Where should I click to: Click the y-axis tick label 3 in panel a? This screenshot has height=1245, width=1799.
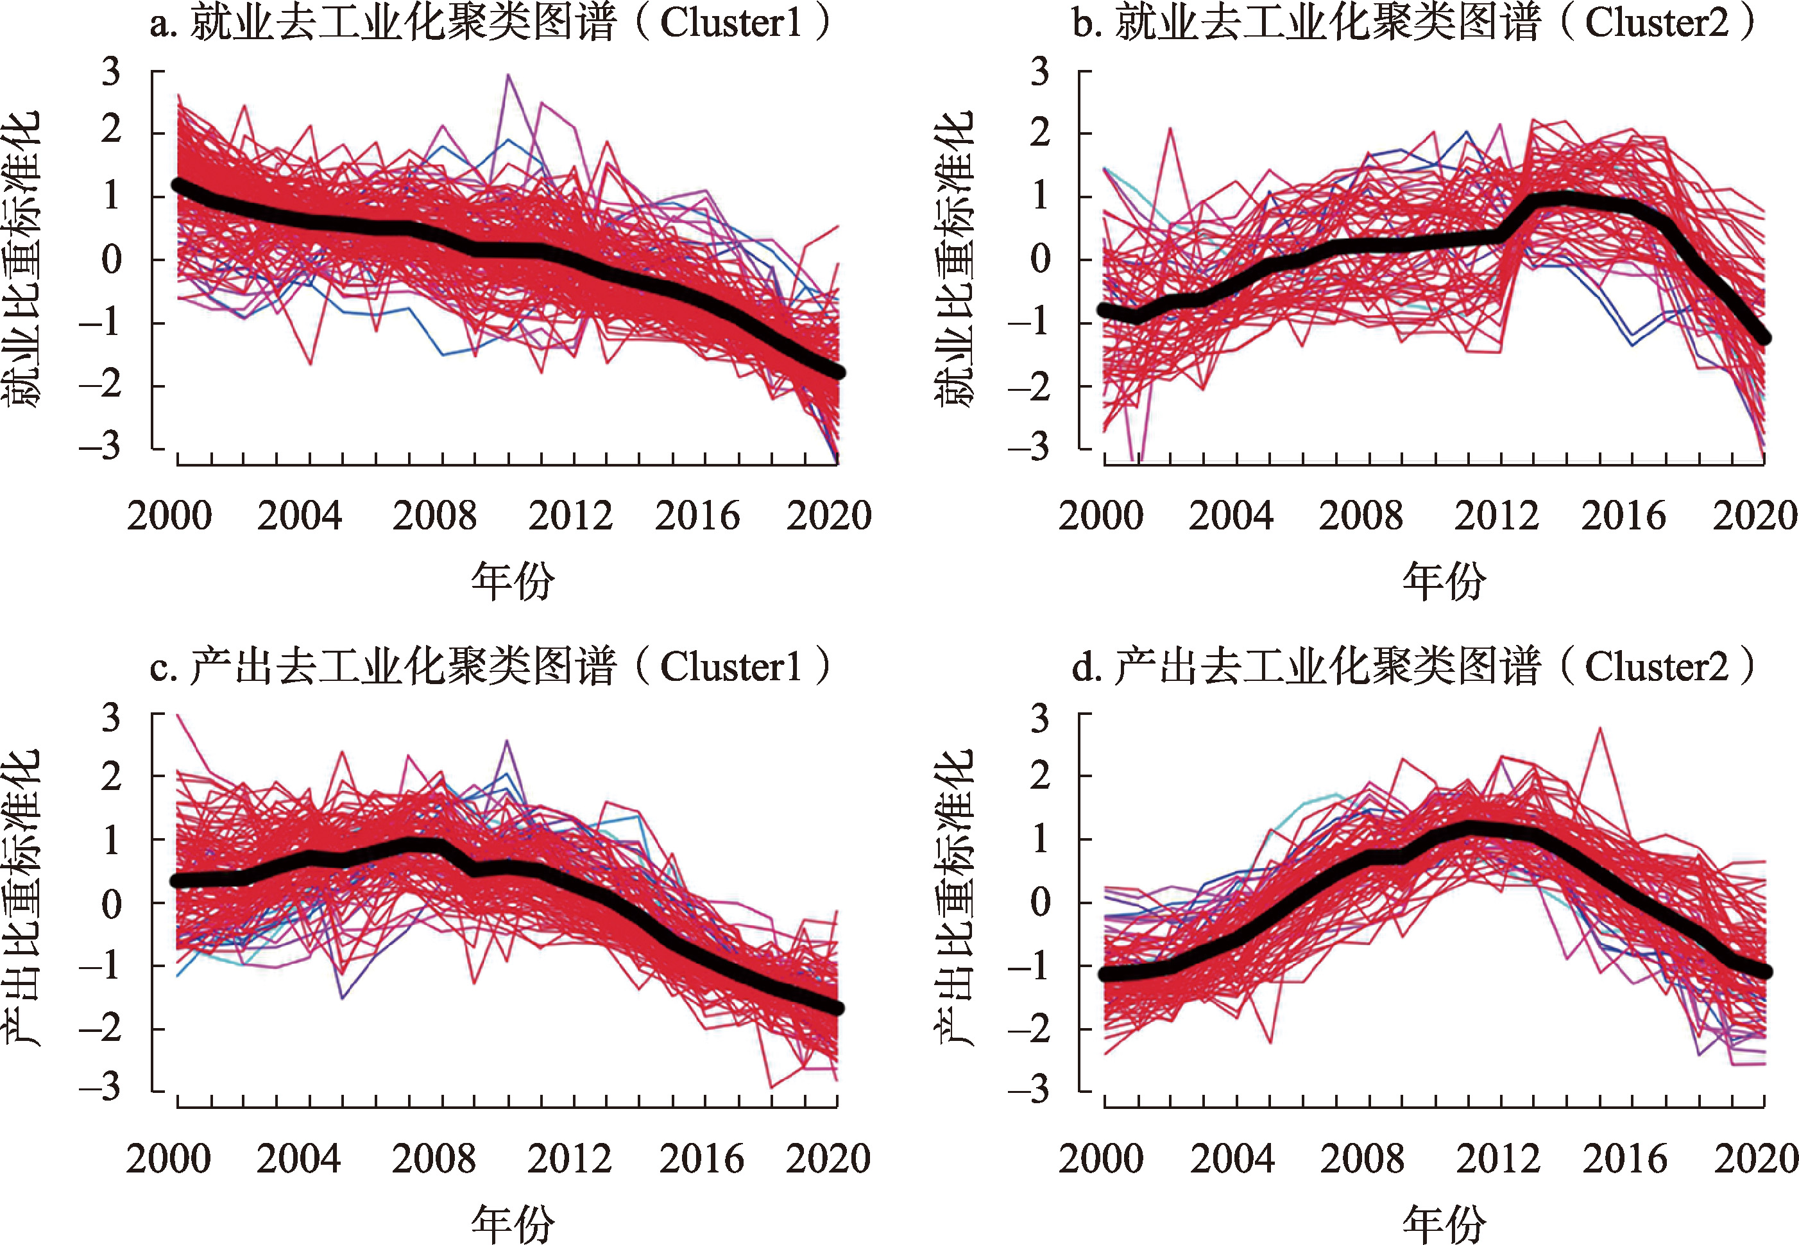(x=112, y=72)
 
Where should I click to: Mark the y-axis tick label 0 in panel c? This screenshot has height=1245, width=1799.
(x=112, y=904)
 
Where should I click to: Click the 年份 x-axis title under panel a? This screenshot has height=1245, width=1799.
(x=513, y=582)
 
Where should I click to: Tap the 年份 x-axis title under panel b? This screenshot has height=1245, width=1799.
(x=1444, y=582)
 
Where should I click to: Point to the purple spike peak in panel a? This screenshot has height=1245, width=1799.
(x=508, y=76)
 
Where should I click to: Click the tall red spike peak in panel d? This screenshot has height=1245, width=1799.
(x=1601, y=728)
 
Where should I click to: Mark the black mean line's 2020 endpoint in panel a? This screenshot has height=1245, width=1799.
(x=836, y=372)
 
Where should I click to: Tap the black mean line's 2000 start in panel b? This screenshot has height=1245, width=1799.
(x=1105, y=310)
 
